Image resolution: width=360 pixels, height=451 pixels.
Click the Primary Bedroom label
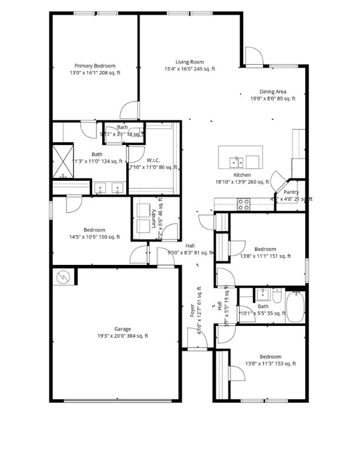click(95, 66)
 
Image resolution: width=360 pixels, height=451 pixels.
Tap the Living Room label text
click(189, 62)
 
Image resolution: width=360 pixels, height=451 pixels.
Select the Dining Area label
click(272, 92)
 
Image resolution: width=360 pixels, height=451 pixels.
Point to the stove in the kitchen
click(243, 204)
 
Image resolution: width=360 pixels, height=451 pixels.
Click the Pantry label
click(291, 192)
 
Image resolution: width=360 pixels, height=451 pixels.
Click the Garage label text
click(123, 329)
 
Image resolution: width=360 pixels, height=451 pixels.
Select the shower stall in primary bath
click(62, 160)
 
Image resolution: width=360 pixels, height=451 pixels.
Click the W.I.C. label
click(153, 160)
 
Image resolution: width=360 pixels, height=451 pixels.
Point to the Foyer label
click(192, 311)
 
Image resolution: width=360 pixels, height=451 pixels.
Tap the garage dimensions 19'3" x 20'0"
click(123, 336)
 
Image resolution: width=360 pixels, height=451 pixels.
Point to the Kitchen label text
click(242, 175)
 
